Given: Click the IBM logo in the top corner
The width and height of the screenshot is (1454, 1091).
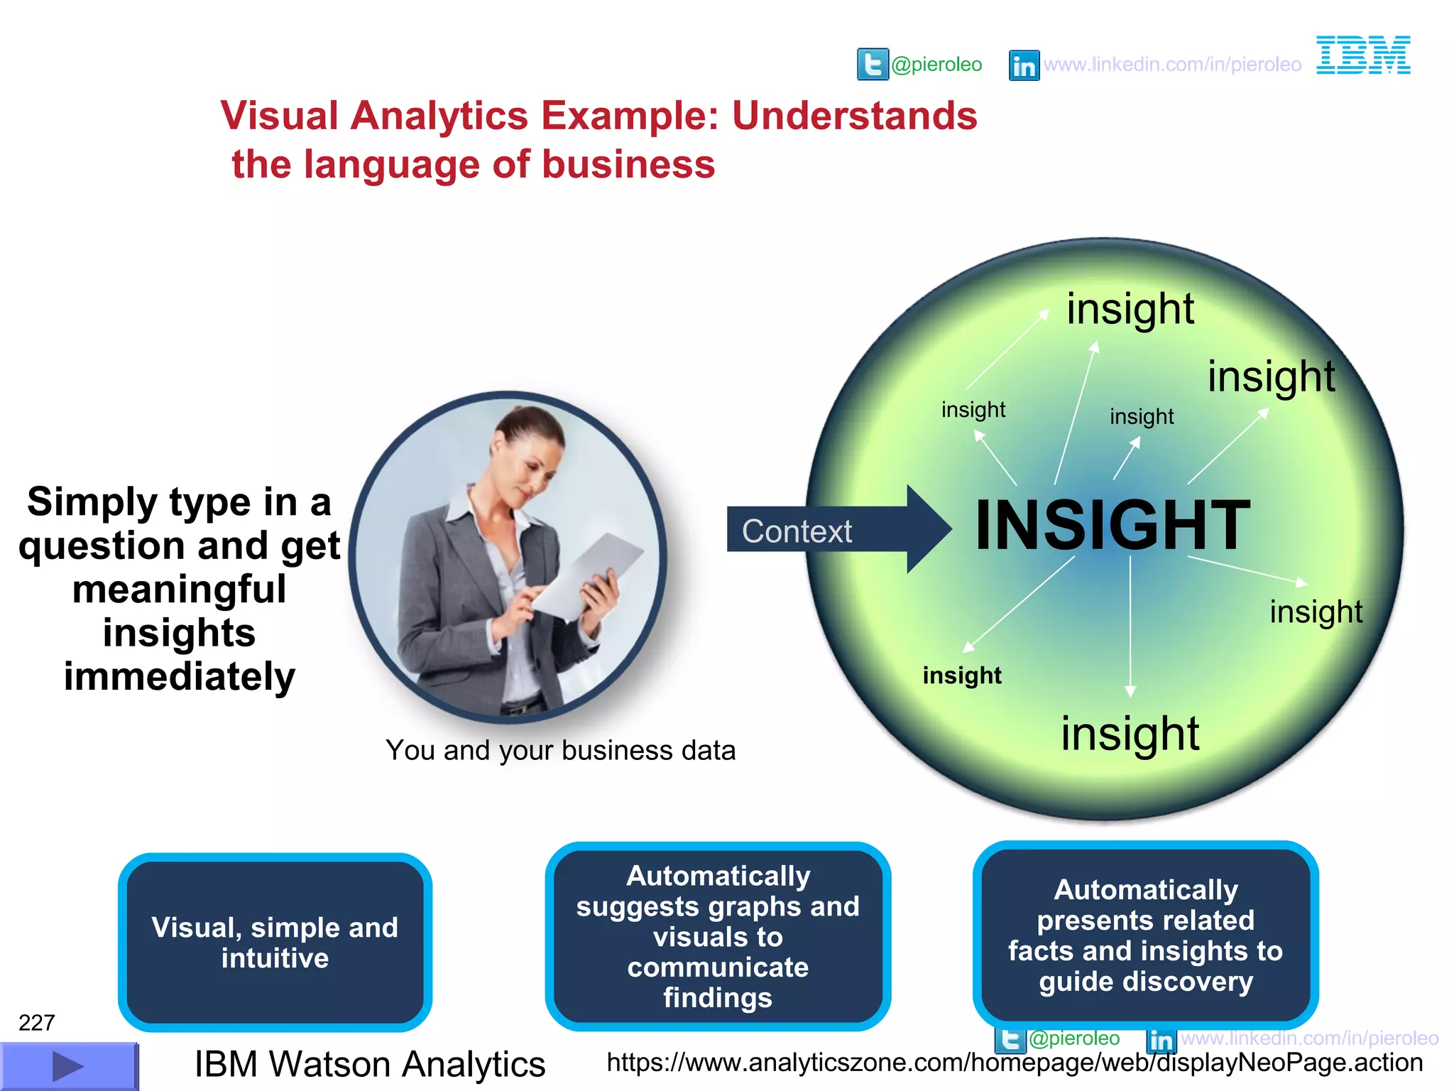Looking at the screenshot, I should (1363, 55).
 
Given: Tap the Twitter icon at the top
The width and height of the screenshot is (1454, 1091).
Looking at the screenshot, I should (873, 65).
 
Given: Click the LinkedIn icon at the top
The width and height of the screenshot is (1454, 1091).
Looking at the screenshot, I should (1024, 65).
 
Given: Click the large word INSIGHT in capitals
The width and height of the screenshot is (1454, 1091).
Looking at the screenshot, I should (1112, 526).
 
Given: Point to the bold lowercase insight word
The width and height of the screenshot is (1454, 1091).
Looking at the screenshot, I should (962, 675).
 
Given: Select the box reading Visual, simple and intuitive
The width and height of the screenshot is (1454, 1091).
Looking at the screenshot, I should (275, 942).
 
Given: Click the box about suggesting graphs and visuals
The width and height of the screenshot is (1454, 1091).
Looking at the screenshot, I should (718, 936).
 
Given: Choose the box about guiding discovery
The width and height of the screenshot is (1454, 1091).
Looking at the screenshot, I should (1145, 935).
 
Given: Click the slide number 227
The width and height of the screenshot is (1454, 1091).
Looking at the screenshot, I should (36, 1023).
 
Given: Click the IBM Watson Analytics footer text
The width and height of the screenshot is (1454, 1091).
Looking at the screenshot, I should (370, 1064).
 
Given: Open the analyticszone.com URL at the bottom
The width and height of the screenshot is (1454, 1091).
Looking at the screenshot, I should (1014, 1063).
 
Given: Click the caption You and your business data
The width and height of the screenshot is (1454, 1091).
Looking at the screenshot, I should (560, 750).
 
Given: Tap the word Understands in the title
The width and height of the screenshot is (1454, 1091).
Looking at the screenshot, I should (854, 116).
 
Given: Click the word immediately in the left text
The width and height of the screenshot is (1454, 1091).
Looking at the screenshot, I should (180, 676).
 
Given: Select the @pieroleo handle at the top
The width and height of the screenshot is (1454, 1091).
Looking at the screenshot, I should (936, 65).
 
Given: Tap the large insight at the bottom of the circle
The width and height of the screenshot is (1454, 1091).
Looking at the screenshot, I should (1130, 734).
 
